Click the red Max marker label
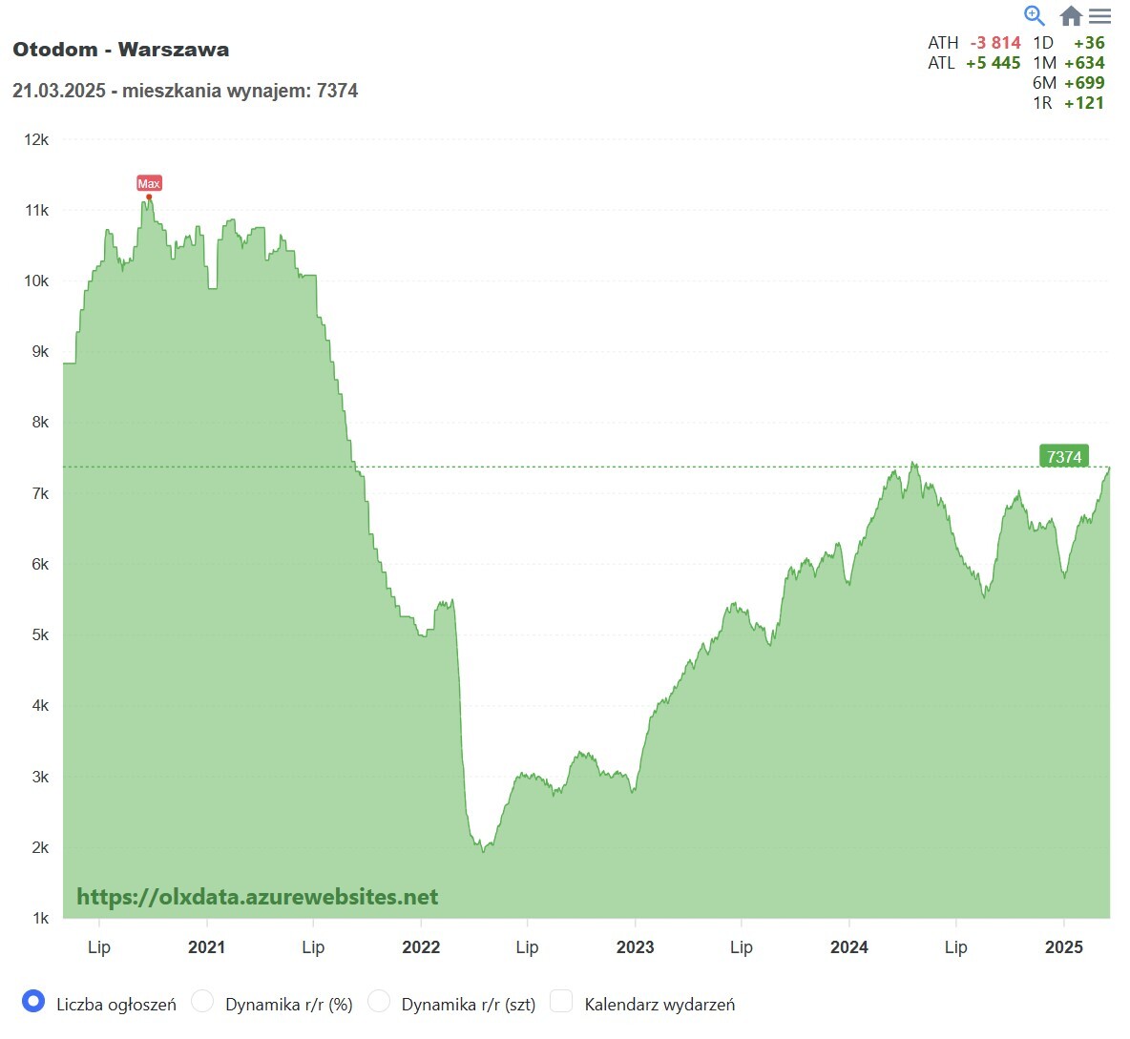pos(149,183)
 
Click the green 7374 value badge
pos(1063,457)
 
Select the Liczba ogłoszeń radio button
pos(33,1001)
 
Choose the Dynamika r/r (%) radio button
pos(202,1001)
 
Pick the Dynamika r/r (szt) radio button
pos(379,1001)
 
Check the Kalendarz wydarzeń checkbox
pos(561,1001)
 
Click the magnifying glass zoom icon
pos(1035,15)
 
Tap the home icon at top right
pos(1071,16)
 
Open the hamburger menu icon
pos(1100,16)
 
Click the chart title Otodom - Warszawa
pos(121,50)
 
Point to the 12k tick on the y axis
pos(36,139)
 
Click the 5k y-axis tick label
pos(40,634)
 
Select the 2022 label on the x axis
pos(421,946)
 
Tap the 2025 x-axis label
pos(1063,946)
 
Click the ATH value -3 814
pos(995,43)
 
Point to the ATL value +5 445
pos(993,63)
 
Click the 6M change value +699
pos(1084,83)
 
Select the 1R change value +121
pos(1084,103)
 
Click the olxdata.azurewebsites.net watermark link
pos(258,897)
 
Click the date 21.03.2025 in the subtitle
pos(59,91)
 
